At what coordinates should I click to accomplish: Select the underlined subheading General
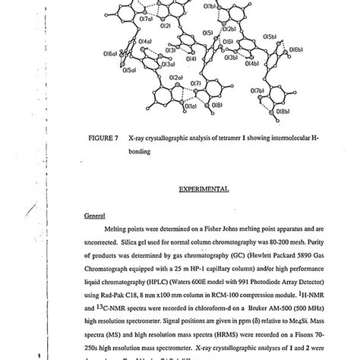(x=94, y=215)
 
